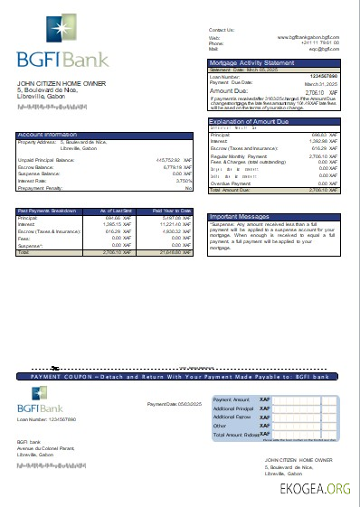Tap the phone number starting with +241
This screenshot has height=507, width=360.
[x=320, y=42]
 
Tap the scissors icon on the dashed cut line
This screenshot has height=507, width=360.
[x=55, y=368]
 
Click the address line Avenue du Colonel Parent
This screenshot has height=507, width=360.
[x=43, y=446]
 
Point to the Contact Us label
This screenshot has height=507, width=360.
[x=222, y=30]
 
